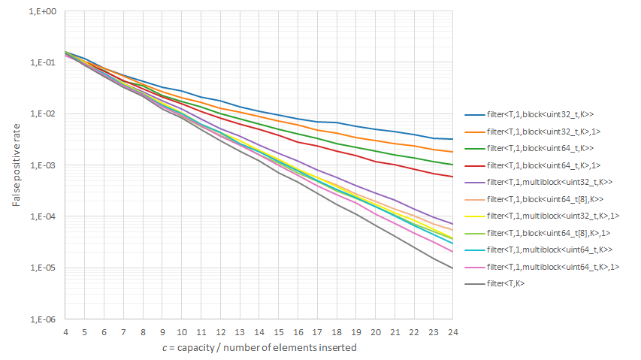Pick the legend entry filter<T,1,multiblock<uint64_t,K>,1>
pos(552,267)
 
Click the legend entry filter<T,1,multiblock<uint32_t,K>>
pos(550,182)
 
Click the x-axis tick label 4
pos(65,331)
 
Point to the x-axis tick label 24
pos(452,331)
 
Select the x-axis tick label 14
pos(259,331)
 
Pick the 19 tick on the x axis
pos(355,331)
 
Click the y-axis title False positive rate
pos(16,166)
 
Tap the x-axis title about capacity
pos(259,347)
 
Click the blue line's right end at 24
pos(452,139)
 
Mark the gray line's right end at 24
pos(452,268)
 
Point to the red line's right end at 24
pos(452,177)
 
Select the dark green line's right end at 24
pos(452,165)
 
